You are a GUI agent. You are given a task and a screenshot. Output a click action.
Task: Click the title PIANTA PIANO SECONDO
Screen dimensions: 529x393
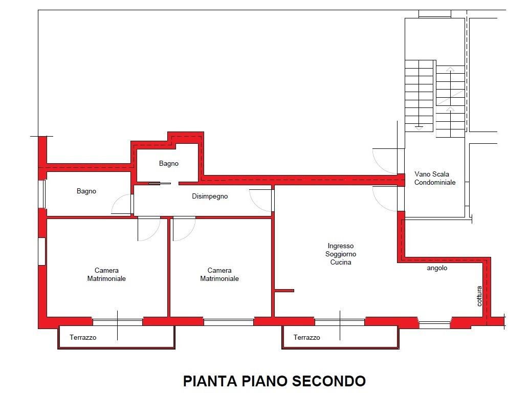274,381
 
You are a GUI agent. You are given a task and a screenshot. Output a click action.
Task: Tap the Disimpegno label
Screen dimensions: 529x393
210,196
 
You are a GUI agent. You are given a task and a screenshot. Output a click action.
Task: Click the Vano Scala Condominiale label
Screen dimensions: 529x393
434,178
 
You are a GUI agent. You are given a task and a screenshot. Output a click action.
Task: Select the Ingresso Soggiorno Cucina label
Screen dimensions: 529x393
341,254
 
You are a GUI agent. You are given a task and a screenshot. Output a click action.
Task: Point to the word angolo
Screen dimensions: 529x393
437,268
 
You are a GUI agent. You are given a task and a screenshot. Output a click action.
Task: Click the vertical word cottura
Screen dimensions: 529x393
479,296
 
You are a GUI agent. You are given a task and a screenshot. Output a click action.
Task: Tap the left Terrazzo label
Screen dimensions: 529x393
83,337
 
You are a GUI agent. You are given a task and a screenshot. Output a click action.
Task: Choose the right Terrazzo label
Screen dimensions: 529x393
306,337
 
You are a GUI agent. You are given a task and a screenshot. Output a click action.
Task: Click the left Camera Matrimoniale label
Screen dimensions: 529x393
106,274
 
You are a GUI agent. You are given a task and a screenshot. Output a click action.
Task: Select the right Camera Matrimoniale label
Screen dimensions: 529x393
219,274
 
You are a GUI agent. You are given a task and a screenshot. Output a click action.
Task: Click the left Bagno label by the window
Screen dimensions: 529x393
86,191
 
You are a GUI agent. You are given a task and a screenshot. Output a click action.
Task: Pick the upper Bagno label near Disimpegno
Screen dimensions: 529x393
169,164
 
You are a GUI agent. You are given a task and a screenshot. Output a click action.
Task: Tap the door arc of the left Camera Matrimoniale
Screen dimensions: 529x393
149,229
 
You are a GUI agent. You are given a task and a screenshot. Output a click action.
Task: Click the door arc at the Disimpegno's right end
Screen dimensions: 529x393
260,200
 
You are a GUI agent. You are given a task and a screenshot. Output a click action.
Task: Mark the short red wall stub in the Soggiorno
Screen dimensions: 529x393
284,291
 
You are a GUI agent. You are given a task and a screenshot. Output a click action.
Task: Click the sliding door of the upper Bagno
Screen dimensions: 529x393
159,183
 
